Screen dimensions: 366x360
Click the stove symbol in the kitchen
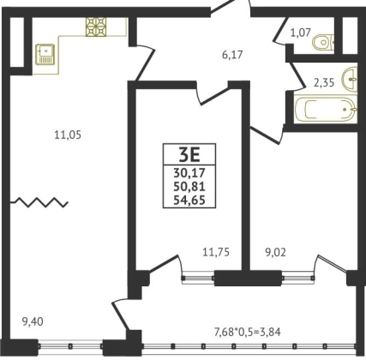[96, 27]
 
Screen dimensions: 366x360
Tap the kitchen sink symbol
[45, 54]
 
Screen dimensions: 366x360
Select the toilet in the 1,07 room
[323, 42]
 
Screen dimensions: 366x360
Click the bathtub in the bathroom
[326, 110]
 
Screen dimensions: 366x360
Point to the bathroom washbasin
[351, 79]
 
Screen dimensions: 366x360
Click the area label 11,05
[68, 135]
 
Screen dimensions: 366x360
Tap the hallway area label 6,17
[232, 54]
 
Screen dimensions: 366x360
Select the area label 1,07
[300, 33]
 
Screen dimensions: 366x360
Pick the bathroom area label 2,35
[324, 83]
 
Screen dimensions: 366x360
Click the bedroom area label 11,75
[216, 252]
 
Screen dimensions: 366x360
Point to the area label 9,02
[275, 253]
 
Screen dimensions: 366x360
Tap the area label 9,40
[33, 322]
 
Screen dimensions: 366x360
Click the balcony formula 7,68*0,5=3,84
[248, 332]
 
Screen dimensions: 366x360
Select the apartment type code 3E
[189, 155]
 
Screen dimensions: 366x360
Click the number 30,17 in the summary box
[189, 173]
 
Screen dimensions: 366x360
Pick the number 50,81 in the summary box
[189, 187]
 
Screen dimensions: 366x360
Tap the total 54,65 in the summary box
[189, 201]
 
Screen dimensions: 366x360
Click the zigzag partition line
[39, 202]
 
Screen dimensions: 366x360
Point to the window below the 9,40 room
[70, 346]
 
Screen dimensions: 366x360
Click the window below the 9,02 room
[298, 278]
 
